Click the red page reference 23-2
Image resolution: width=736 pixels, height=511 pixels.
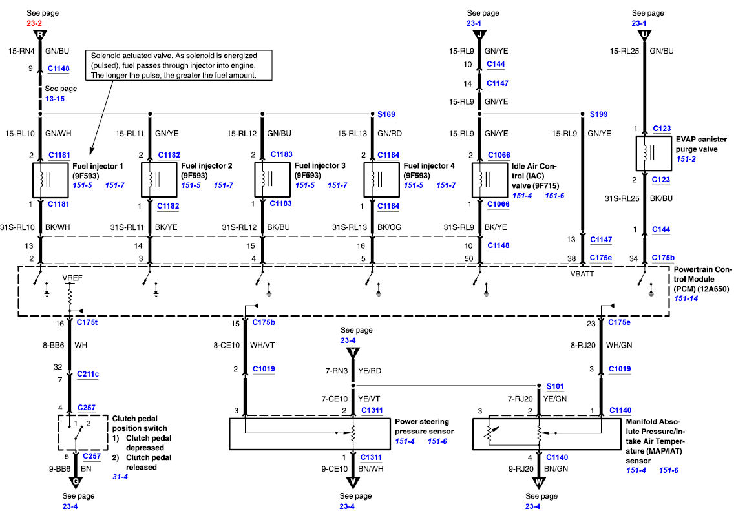pyautogui.click(x=34, y=23)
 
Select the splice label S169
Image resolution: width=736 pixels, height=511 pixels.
pyautogui.click(x=386, y=114)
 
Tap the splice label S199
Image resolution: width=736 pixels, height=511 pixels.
pyautogui.click(x=598, y=114)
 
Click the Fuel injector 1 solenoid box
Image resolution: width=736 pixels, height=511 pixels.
pyautogui.click(x=50, y=180)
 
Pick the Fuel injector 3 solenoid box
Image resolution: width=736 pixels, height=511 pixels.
pyautogui.click(x=273, y=180)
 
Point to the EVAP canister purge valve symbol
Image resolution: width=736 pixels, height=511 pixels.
pyautogui.click(x=654, y=154)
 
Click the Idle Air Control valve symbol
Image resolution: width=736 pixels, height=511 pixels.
pyautogui.click(x=490, y=180)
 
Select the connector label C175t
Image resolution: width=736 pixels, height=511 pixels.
pyautogui.click(x=87, y=322)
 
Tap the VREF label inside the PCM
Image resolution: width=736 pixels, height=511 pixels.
pyautogui.click(x=72, y=278)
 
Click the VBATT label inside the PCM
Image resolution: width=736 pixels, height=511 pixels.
pyautogui.click(x=582, y=274)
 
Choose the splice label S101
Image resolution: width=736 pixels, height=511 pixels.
pyautogui.click(x=555, y=386)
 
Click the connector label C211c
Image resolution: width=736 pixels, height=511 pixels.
pyautogui.click(x=88, y=374)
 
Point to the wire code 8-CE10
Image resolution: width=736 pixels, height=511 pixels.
pyautogui.click(x=227, y=345)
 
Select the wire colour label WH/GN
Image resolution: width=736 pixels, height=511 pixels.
pyautogui.click(x=619, y=345)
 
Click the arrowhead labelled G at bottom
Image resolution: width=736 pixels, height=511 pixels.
pyautogui.click(x=76, y=483)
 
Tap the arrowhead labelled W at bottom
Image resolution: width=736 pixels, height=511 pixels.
pyautogui.click(x=539, y=483)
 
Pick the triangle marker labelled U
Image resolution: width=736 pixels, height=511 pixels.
pyautogui.click(x=644, y=36)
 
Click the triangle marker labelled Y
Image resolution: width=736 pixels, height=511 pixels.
pyautogui.click(x=353, y=352)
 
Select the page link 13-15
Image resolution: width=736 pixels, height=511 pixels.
pyautogui.click(x=55, y=99)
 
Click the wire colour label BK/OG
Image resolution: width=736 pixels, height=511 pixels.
pyautogui.click(x=390, y=227)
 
